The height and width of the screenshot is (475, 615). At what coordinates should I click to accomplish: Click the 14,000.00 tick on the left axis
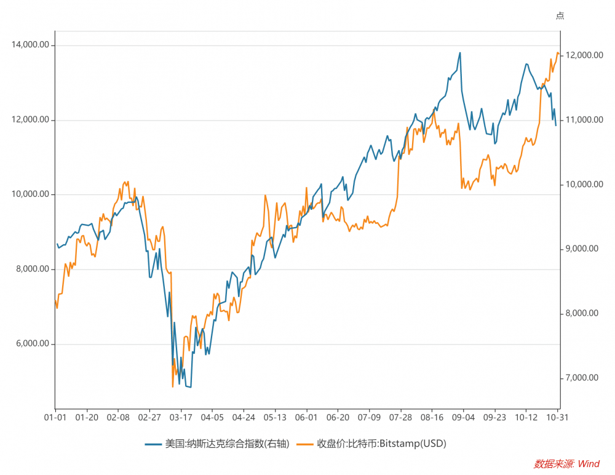(x=31, y=46)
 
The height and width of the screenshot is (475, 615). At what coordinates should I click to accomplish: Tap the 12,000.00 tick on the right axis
(x=581, y=55)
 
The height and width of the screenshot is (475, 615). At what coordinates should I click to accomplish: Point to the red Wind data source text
(x=566, y=463)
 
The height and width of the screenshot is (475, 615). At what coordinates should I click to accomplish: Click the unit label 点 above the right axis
(x=560, y=16)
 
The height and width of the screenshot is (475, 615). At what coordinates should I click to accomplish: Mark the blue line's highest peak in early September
(x=459, y=53)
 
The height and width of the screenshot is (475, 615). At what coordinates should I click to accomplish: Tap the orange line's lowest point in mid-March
(x=173, y=386)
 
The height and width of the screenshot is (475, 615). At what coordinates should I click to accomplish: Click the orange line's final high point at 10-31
(x=557, y=53)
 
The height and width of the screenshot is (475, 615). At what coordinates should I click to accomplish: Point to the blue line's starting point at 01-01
(x=57, y=244)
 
